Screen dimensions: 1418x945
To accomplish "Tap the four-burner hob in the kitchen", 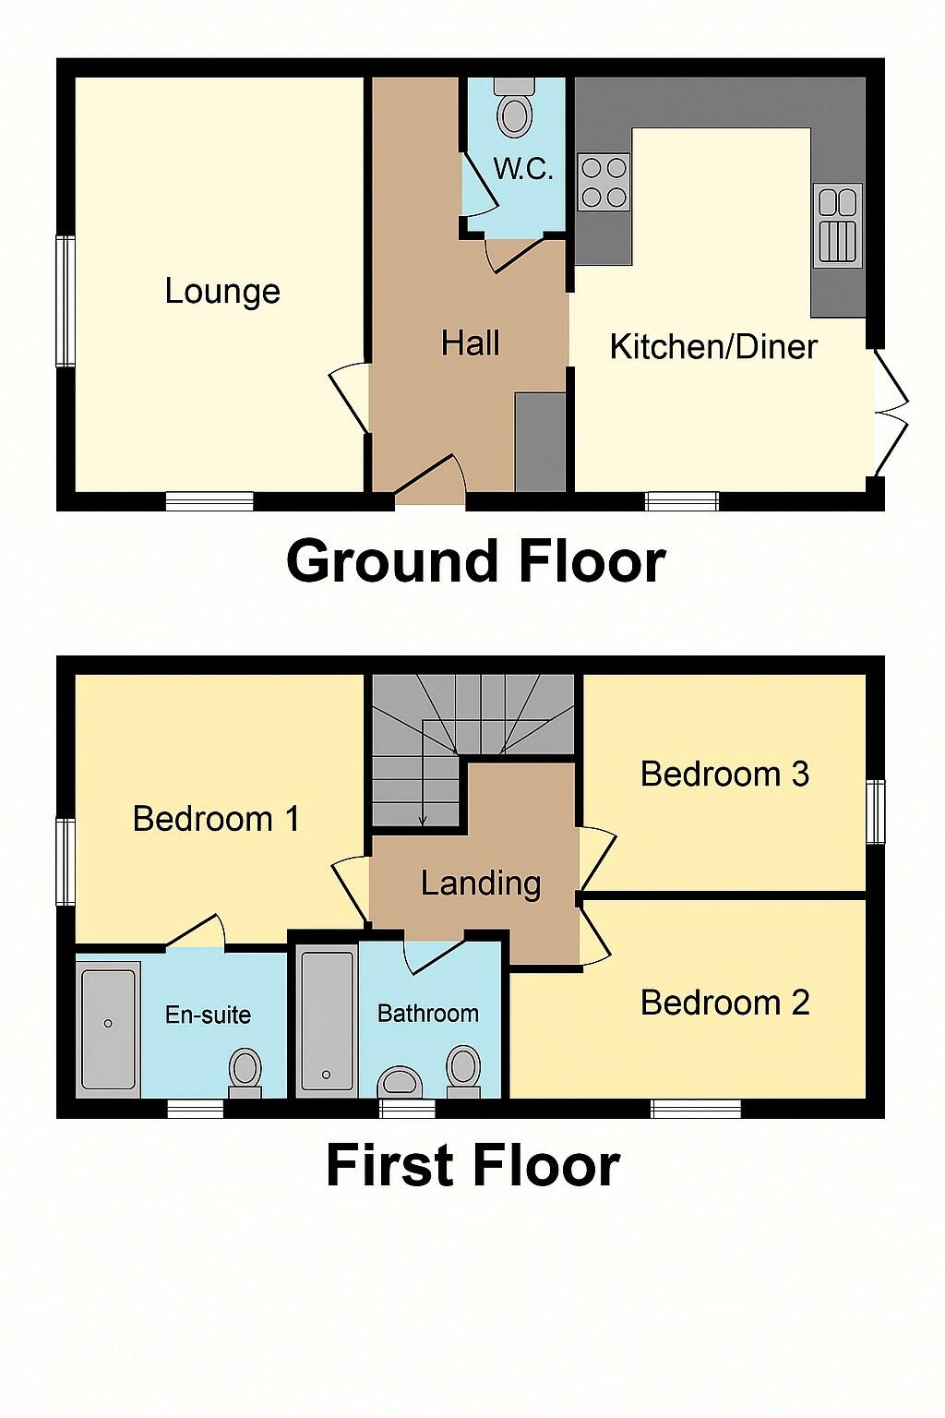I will click(604, 182).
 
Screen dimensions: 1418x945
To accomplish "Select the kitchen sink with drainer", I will click(837, 226).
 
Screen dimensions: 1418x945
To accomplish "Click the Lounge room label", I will click(222, 292).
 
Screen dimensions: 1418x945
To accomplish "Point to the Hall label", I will click(471, 343).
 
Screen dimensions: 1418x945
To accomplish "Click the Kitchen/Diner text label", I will click(713, 347).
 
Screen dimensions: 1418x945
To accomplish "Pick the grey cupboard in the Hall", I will click(540, 441).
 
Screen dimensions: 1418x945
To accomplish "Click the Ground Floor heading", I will click(475, 561).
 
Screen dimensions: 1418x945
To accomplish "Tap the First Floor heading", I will click(472, 1165).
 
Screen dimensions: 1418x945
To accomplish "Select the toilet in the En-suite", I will click(245, 1071).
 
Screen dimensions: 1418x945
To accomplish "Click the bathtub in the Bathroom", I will click(328, 1020).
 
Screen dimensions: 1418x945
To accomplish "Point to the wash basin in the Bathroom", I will click(401, 1082).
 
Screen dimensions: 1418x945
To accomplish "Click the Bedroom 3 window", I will click(876, 811).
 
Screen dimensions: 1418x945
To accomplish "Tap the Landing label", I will click(481, 883).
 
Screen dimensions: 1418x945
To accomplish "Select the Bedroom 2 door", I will click(593, 932).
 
